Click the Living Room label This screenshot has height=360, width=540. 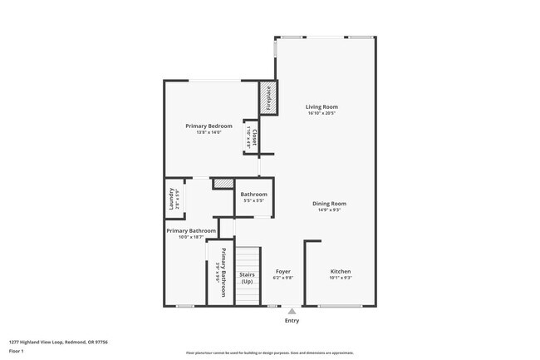pyautogui.click(x=322, y=106)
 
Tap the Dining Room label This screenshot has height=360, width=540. pyautogui.click(x=329, y=204)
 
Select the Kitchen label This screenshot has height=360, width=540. pyautogui.click(x=341, y=272)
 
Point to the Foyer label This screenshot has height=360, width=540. pyautogui.click(x=282, y=272)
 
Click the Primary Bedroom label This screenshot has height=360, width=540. pyautogui.click(x=209, y=126)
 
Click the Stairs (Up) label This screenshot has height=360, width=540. pyautogui.click(x=247, y=278)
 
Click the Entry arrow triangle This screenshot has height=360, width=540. pyautogui.click(x=292, y=311)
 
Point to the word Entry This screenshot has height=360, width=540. pyautogui.click(x=292, y=321)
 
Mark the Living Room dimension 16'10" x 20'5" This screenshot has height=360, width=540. pyautogui.click(x=322, y=113)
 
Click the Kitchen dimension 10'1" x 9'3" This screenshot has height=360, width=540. pyautogui.click(x=341, y=279)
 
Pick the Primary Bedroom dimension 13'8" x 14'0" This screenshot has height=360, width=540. pyautogui.click(x=209, y=132)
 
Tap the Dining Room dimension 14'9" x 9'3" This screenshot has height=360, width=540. pyautogui.click(x=329, y=210)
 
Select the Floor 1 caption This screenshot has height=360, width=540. pyautogui.click(x=17, y=351)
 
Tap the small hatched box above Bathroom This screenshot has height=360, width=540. pyautogui.click(x=223, y=184)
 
